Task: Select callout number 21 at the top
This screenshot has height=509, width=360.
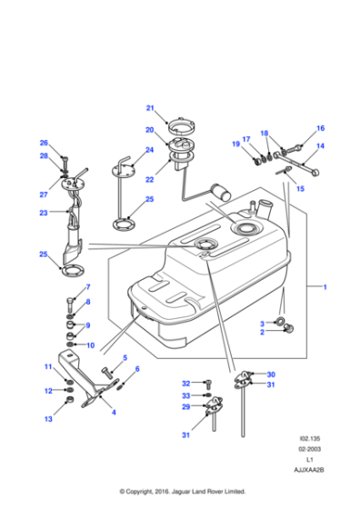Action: tap(150, 107)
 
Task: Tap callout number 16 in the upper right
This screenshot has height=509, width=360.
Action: tap(320, 128)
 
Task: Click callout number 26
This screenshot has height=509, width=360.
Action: tap(43, 143)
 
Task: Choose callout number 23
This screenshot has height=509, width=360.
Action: tap(43, 214)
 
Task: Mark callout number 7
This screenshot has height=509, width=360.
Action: tap(88, 287)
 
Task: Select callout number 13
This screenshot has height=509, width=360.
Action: tap(49, 420)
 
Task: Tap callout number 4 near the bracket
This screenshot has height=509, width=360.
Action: tap(113, 414)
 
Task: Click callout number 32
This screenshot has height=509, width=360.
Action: tap(185, 383)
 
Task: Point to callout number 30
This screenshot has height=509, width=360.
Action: tap(270, 374)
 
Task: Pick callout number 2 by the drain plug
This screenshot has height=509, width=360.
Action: tap(262, 333)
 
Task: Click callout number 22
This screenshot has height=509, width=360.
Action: tap(150, 180)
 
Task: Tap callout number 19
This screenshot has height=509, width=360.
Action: tap(235, 145)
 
